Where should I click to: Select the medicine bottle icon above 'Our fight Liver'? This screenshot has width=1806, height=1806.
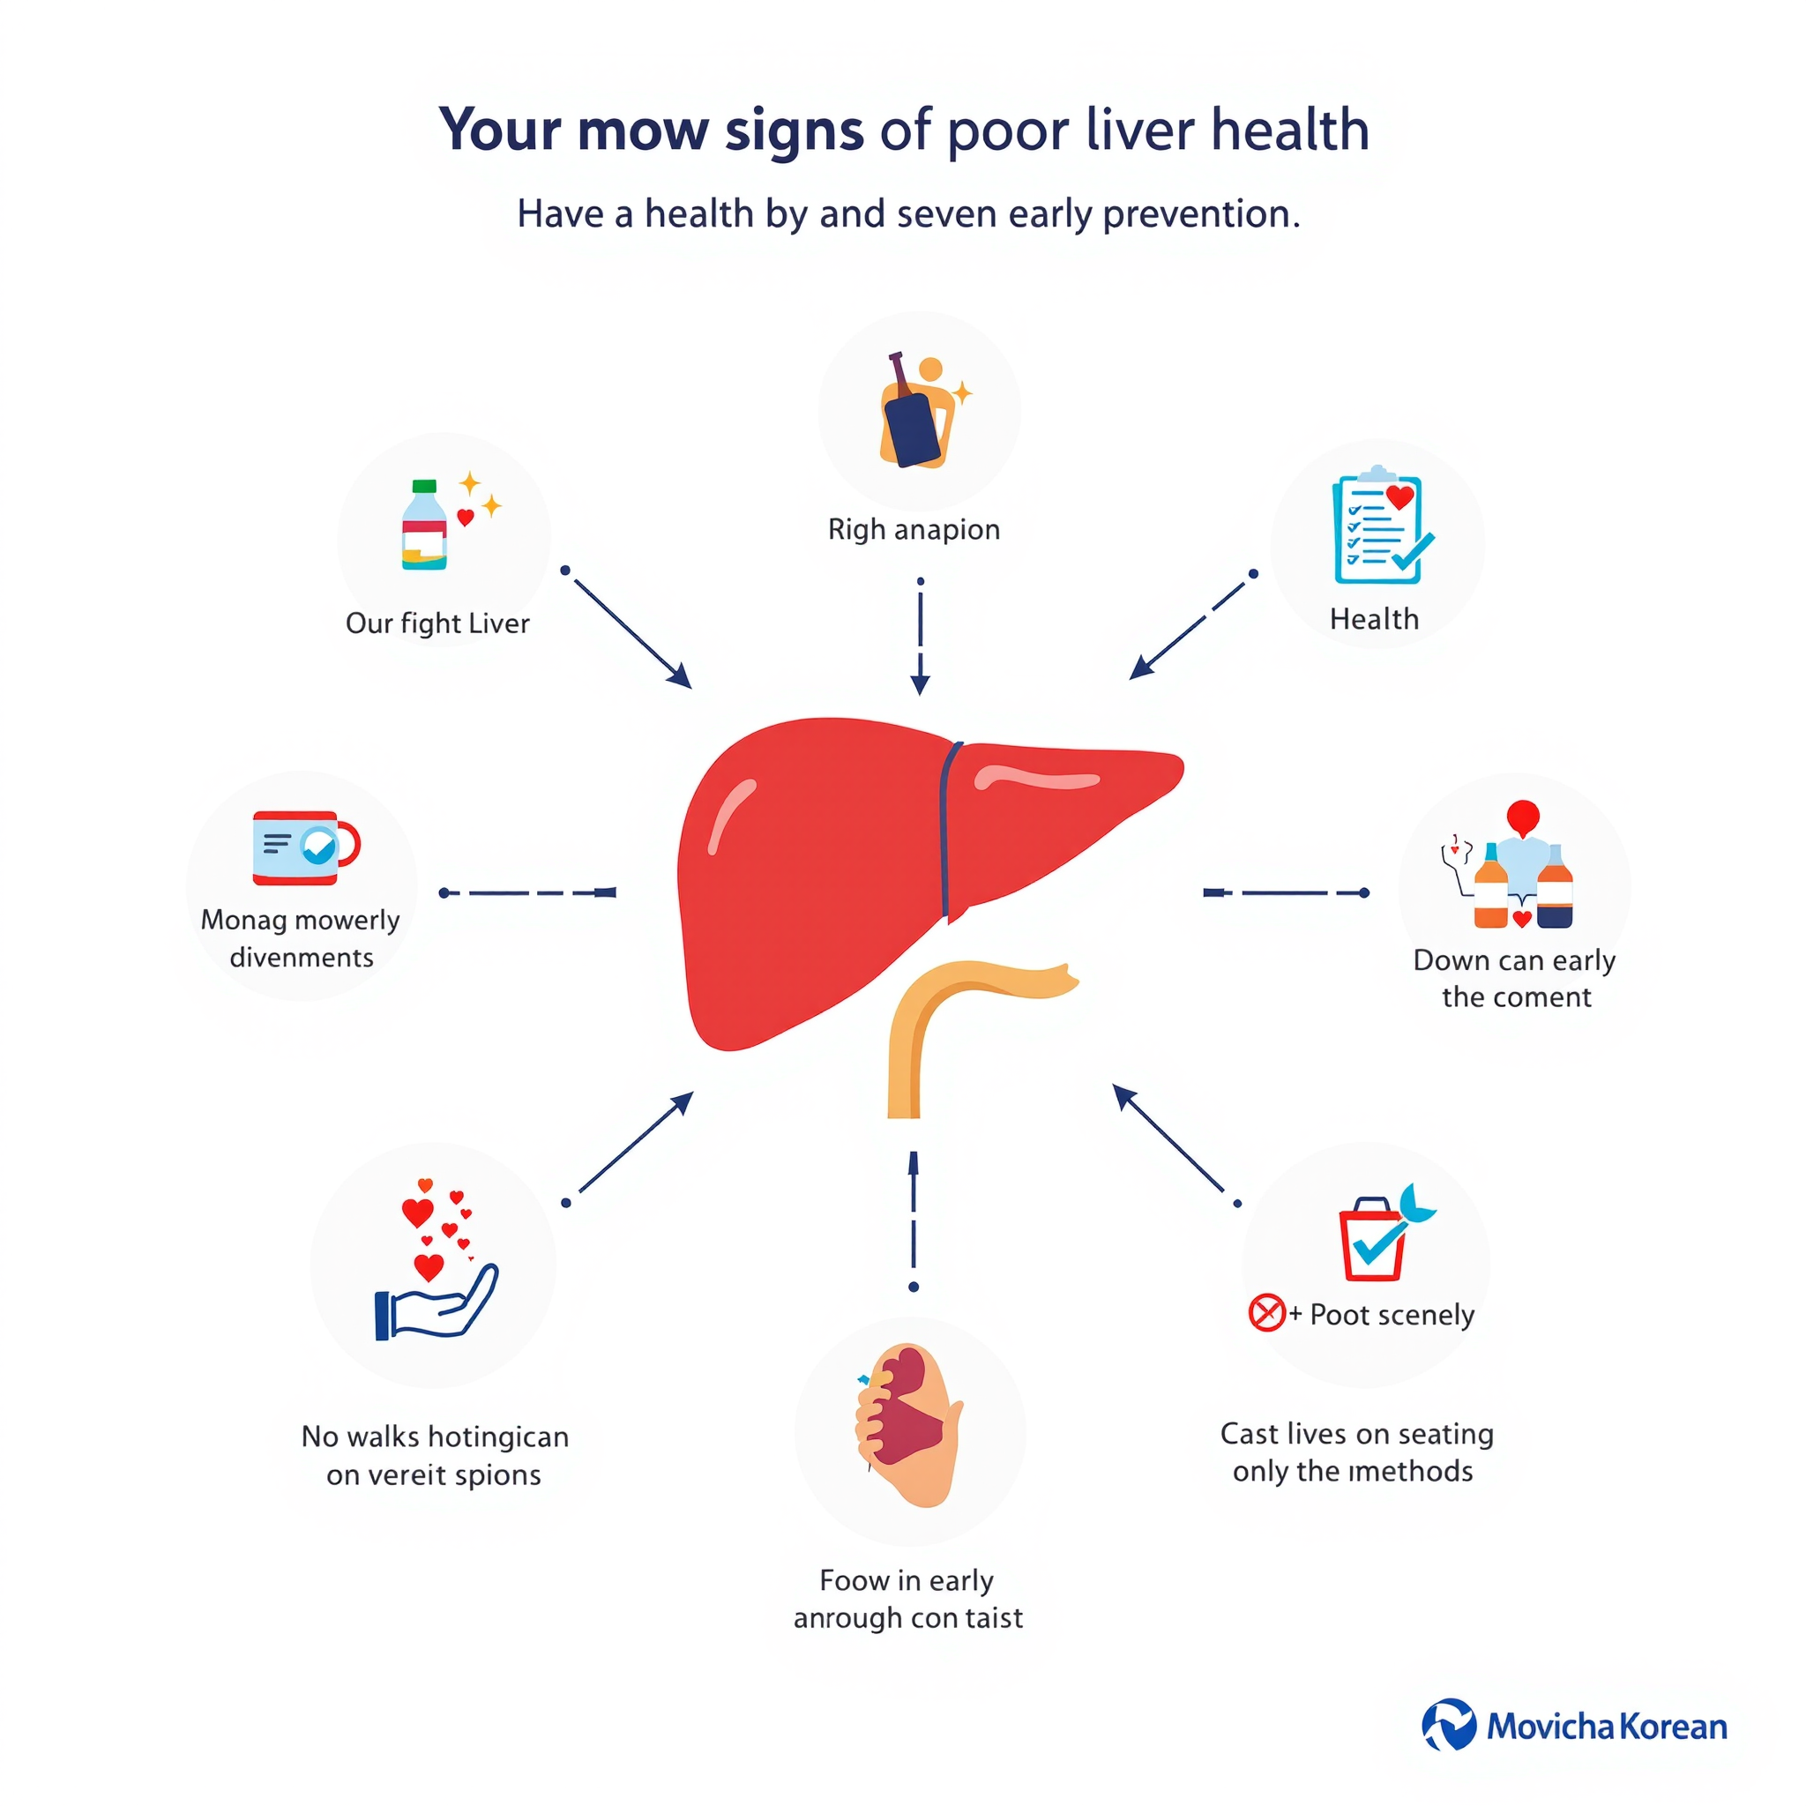(x=423, y=525)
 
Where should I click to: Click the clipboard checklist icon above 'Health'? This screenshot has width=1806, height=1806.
(x=1382, y=525)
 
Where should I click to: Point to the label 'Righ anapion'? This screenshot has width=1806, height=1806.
(x=914, y=530)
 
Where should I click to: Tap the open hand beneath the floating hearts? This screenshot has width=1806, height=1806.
(x=436, y=1302)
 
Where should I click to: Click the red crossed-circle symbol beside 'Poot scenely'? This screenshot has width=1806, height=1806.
(x=1266, y=1312)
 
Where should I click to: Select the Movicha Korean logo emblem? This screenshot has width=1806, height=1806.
(x=1449, y=1726)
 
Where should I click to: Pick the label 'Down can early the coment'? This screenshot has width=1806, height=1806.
(x=1514, y=979)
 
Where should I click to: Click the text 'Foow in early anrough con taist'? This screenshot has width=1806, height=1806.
(x=907, y=1600)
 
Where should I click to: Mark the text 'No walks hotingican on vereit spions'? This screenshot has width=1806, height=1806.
(x=435, y=1455)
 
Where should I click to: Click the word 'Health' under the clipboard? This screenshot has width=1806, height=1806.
(x=1374, y=619)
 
